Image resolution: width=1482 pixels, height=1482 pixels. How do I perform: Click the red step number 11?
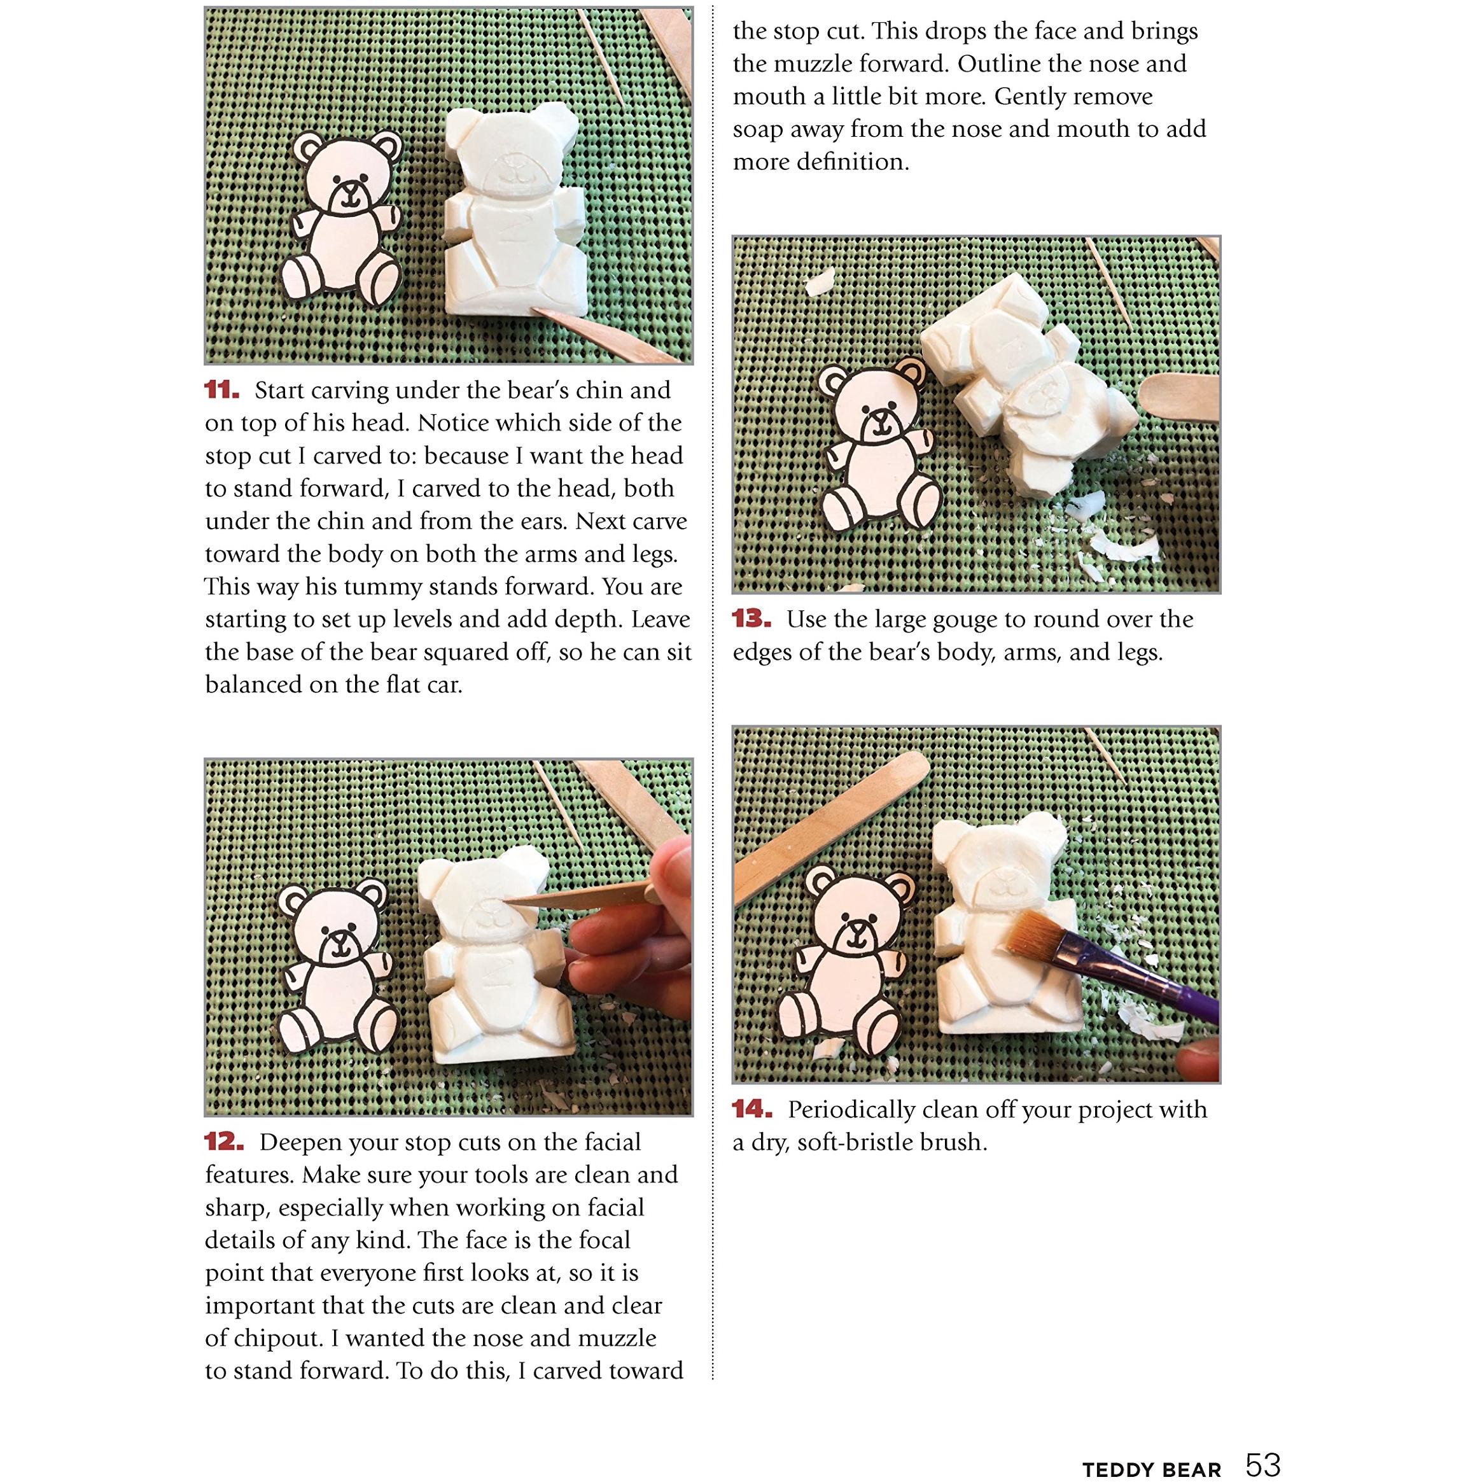tap(221, 391)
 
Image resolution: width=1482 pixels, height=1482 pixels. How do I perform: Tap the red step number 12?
tap(224, 1142)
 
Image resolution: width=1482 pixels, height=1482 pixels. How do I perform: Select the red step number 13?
tap(751, 619)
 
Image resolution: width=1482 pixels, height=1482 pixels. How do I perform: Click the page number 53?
tap(1262, 1443)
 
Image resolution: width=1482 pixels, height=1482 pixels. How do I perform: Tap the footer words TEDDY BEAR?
tap(1151, 1448)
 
